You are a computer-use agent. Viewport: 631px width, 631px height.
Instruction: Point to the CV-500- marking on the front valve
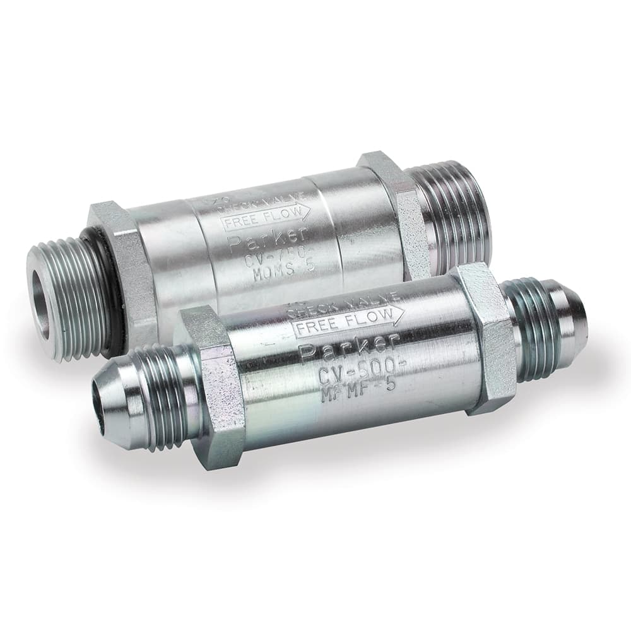click(x=353, y=366)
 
